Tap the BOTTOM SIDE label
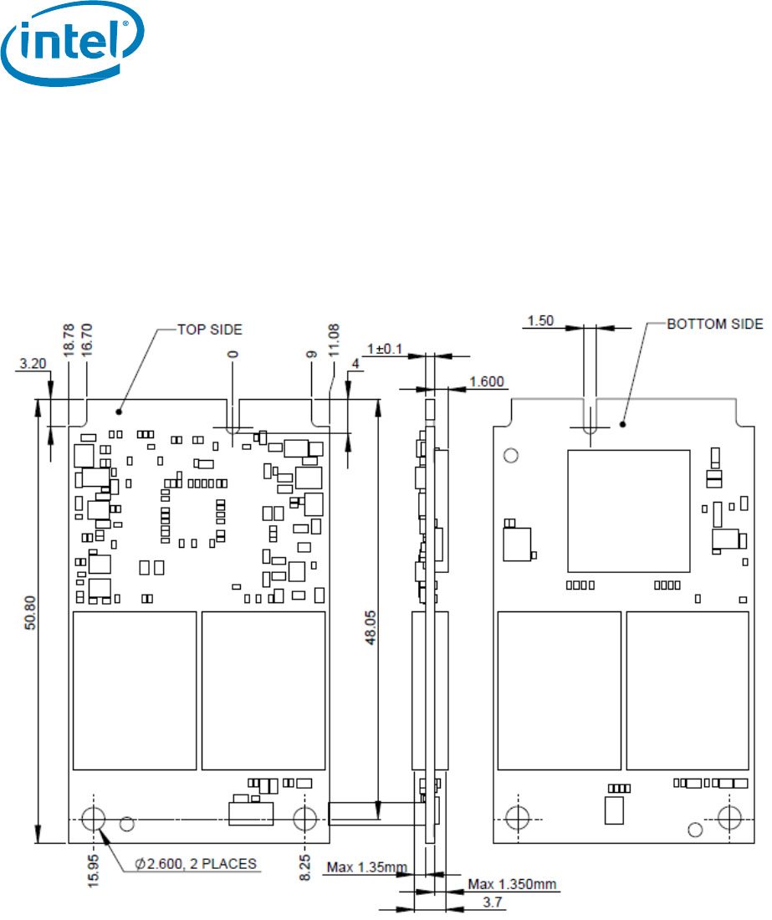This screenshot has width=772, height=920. pyautogui.click(x=714, y=324)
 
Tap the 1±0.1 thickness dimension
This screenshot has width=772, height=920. pyautogui.click(x=388, y=347)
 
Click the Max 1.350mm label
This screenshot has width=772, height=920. pyautogui.click(x=512, y=884)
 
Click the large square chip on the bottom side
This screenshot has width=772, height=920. pyautogui.click(x=628, y=510)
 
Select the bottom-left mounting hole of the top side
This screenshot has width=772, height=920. pyautogui.click(x=94, y=818)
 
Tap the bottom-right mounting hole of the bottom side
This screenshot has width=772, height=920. pyautogui.click(x=730, y=818)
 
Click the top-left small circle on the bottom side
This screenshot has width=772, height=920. pyautogui.click(x=512, y=455)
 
